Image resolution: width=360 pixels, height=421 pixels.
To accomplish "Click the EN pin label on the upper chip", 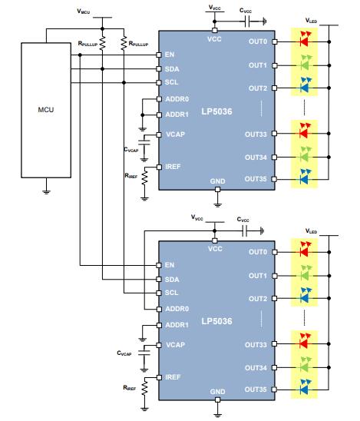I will point(170,55).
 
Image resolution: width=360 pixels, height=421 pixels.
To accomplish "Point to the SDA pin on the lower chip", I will point(172,279).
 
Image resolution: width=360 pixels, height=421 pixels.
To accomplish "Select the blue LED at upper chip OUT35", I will point(305,180).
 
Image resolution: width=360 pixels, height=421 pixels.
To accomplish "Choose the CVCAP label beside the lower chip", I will point(126,353).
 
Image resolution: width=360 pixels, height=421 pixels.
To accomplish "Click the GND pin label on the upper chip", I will point(217,181).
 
